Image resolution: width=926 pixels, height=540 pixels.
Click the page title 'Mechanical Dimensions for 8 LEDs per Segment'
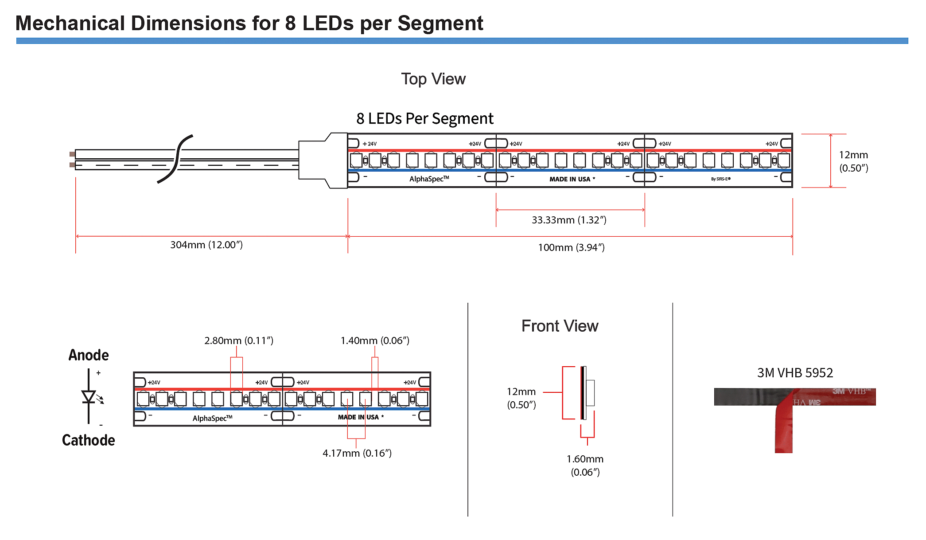249,23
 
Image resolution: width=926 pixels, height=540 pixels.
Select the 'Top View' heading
433,79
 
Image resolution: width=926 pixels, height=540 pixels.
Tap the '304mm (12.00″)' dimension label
206,245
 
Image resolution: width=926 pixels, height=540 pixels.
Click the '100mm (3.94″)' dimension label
571,247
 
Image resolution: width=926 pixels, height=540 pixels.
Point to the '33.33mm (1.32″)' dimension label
569,220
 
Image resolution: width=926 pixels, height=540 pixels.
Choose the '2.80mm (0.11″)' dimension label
239,340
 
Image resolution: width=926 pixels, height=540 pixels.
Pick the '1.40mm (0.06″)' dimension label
375,340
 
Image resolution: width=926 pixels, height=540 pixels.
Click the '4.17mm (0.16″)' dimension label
357,453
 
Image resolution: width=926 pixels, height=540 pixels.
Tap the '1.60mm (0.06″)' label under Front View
585,465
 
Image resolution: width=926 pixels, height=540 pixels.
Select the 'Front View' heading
560,326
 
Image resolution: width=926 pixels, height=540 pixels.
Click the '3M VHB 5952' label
795,373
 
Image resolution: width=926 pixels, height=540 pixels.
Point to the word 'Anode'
89,355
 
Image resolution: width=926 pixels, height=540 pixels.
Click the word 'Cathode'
89,440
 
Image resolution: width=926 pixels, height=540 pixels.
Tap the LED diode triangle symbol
89,396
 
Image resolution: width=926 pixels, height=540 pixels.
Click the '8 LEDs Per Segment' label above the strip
424,119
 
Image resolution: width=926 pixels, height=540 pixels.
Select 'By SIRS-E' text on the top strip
720,179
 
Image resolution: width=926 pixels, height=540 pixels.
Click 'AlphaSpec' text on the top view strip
429,179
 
